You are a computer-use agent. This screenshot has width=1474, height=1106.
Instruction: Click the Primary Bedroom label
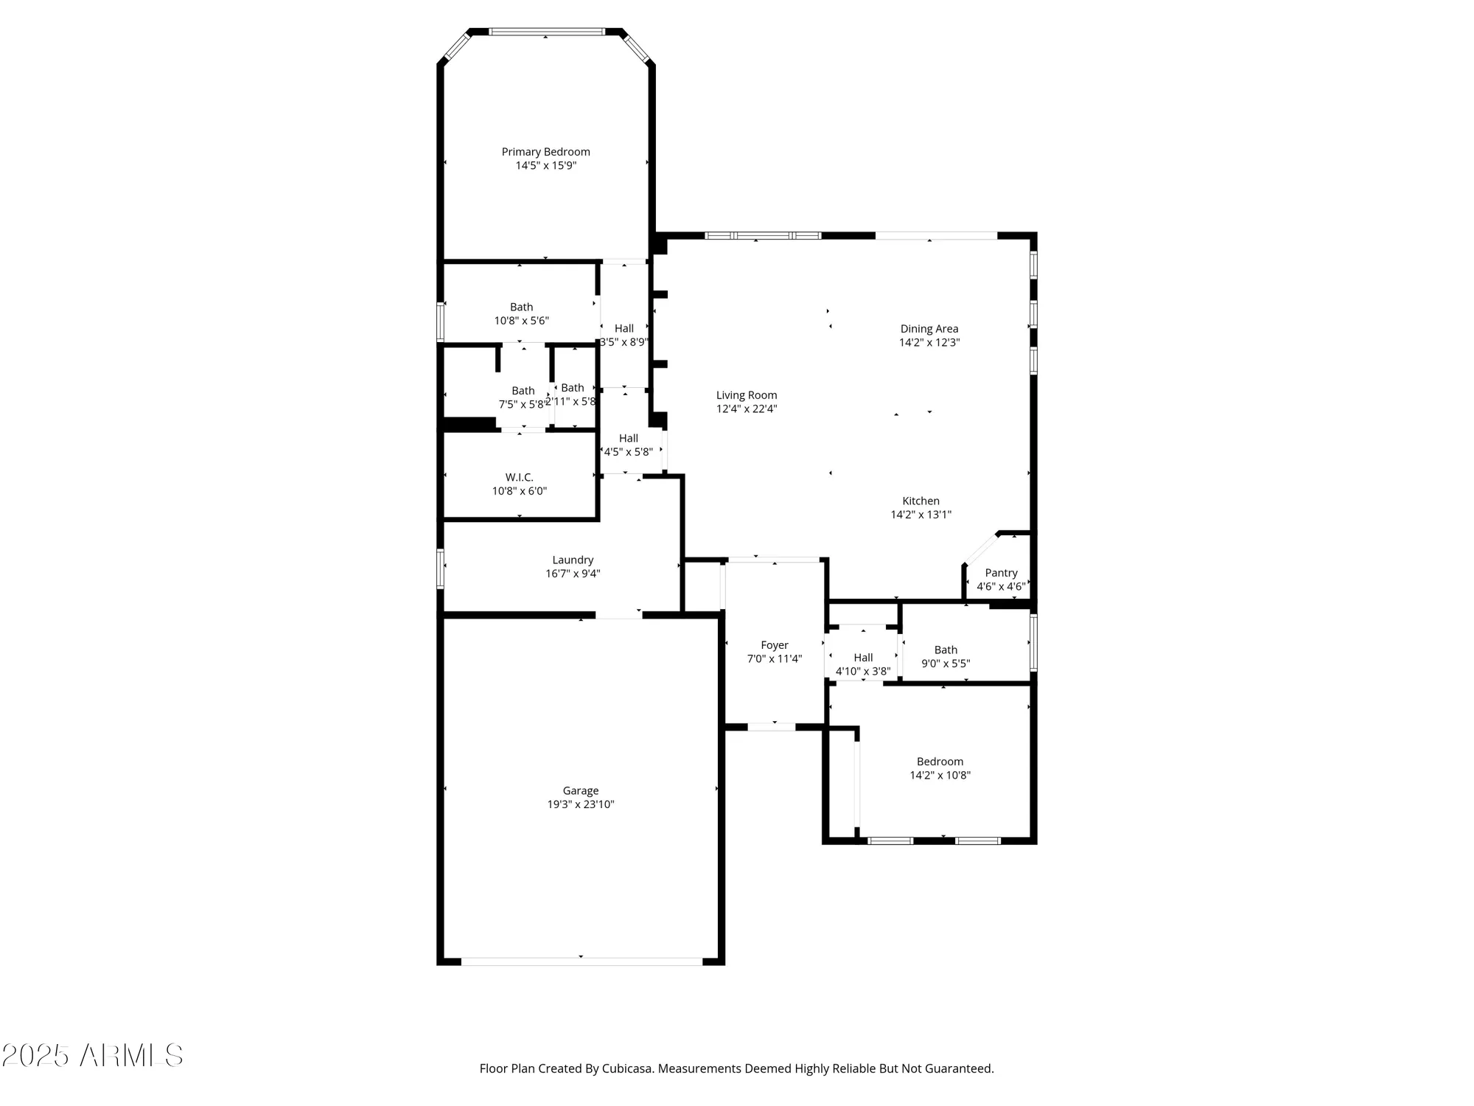tap(545, 152)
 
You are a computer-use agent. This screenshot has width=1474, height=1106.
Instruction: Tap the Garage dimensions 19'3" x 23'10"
tap(580, 804)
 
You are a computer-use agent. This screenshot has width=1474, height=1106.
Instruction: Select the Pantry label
tap(1001, 573)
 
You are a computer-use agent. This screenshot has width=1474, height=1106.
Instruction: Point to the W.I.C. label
tap(519, 478)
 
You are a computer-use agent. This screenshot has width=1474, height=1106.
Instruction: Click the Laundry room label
tap(573, 560)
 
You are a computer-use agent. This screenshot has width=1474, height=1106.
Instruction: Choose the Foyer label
tap(774, 645)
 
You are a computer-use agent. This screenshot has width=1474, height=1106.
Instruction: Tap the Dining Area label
tap(929, 329)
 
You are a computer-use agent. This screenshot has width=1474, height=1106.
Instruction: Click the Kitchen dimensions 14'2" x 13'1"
tap(921, 515)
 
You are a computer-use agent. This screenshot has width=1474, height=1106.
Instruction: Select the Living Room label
tap(746, 395)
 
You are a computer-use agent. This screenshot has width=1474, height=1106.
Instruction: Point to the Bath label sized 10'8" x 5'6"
tap(521, 307)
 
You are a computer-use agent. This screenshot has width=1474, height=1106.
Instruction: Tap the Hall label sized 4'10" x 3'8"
tap(863, 658)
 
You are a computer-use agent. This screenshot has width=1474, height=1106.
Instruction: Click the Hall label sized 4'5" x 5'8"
tap(628, 439)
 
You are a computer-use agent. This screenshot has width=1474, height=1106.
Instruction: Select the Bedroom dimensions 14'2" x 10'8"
tap(940, 775)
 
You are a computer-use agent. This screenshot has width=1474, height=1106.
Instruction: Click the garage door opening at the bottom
tap(581, 961)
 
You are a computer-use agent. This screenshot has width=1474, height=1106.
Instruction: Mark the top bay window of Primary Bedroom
tap(546, 32)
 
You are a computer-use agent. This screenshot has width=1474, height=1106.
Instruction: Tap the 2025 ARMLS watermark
tap(92, 1056)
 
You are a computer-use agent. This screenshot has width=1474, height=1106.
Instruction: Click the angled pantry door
tap(980, 550)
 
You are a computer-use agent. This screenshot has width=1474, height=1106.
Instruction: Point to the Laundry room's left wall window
tap(440, 568)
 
